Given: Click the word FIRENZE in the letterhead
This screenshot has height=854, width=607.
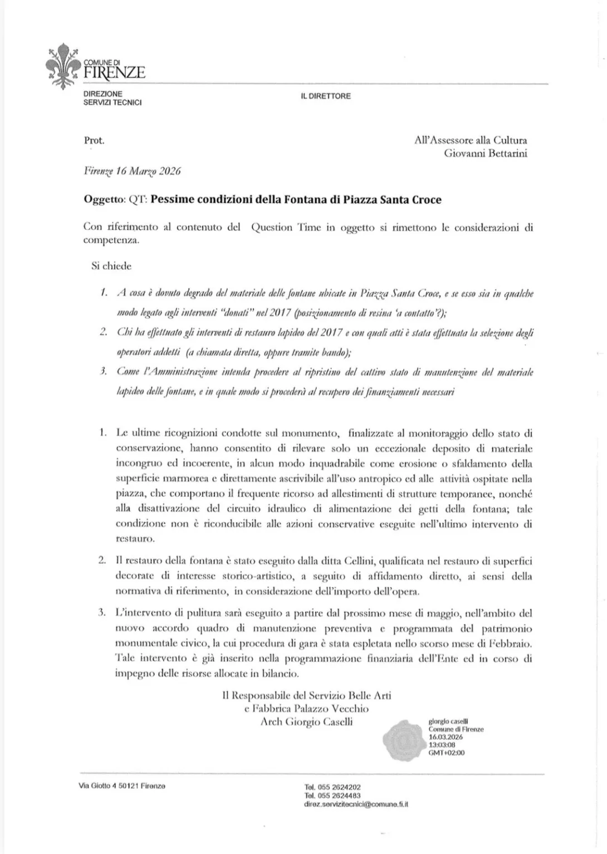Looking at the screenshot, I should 115,72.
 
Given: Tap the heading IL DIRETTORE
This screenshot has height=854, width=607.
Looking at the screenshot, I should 326,96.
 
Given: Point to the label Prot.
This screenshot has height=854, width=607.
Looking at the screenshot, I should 94,140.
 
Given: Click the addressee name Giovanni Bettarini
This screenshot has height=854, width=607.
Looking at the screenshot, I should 485,153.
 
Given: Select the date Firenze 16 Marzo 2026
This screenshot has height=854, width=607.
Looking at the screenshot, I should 132,171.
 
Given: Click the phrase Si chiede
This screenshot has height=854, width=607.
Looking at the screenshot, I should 111,266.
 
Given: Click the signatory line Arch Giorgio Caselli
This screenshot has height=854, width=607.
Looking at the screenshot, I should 306,722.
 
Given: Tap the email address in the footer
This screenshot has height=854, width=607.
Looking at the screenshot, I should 356,804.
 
